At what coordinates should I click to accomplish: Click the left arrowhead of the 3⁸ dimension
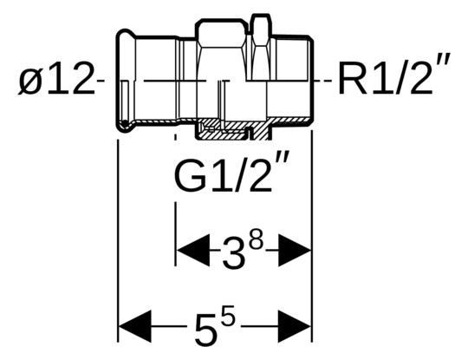click(189, 253)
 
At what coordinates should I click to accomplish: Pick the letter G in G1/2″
click(189, 178)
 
